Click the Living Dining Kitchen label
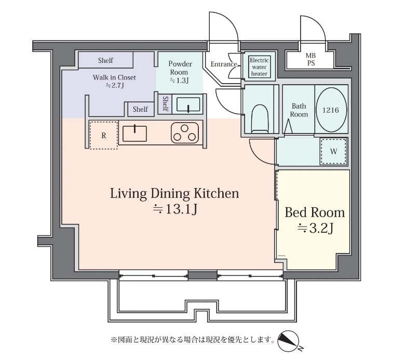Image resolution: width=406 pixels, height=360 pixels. click(174, 193)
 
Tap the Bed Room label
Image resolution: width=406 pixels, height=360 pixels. click(315, 212)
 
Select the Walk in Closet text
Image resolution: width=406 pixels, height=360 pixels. click(114, 77)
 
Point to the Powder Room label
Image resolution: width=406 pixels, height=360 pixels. click(180, 68)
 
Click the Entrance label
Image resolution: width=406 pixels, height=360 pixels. click(224, 64)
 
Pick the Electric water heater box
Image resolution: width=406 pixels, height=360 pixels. click(259, 67)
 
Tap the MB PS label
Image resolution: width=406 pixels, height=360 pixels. click(310, 59)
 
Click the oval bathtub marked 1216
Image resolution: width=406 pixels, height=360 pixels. click(331, 110)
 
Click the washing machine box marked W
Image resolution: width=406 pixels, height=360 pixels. click(333, 152)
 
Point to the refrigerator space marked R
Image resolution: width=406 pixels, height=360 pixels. click(103, 135)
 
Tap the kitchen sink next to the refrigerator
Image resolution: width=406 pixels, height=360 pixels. click(134, 133)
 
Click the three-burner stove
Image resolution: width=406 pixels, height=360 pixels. click(185, 133)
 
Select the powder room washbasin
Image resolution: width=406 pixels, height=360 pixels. click(188, 104)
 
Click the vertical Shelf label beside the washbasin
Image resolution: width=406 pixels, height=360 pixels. click(165, 103)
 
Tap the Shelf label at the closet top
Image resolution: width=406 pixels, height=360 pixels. click(105, 60)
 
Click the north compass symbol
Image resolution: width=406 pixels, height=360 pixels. click(289, 341)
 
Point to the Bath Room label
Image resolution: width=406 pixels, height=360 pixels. click(299, 110)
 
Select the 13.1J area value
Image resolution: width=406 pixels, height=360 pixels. click(175, 209)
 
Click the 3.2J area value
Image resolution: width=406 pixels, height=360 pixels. click(315, 228)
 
